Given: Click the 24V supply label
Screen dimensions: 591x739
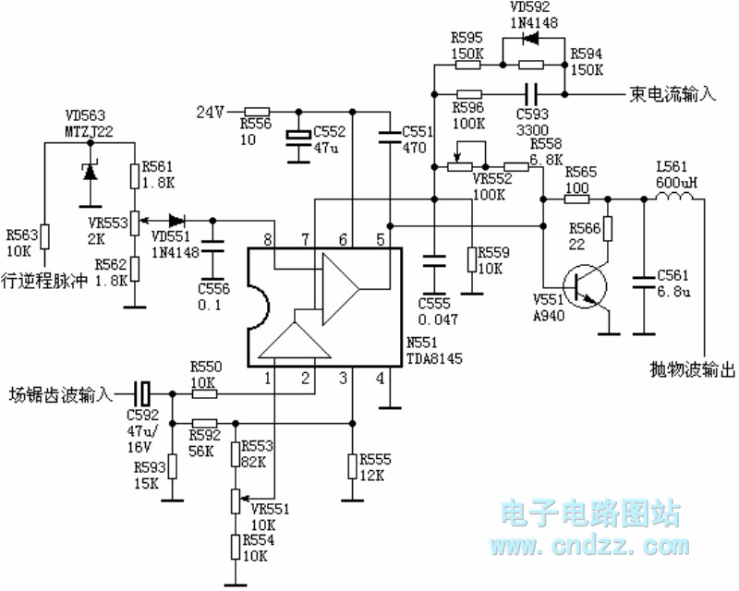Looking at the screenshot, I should (x=211, y=113).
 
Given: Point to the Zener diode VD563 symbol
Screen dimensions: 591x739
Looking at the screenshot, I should (x=90, y=170).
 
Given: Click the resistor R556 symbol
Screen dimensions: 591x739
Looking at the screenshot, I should (x=256, y=112).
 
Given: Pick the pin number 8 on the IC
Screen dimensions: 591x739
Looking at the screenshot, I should (x=269, y=239).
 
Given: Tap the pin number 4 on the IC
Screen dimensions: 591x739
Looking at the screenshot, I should (x=380, y=378).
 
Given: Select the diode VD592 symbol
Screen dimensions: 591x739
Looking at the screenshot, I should (x=530, y=38).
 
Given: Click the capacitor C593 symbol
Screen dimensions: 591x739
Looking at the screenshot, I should (x=531, y=93).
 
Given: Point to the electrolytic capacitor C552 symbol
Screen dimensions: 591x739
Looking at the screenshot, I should (x=297, y=136).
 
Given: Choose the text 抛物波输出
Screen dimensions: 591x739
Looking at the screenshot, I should (x=688, y=370).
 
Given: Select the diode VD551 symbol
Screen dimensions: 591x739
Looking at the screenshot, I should (x=176, y=221).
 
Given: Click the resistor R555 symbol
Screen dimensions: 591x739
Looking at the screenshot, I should (x=351, y=466).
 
